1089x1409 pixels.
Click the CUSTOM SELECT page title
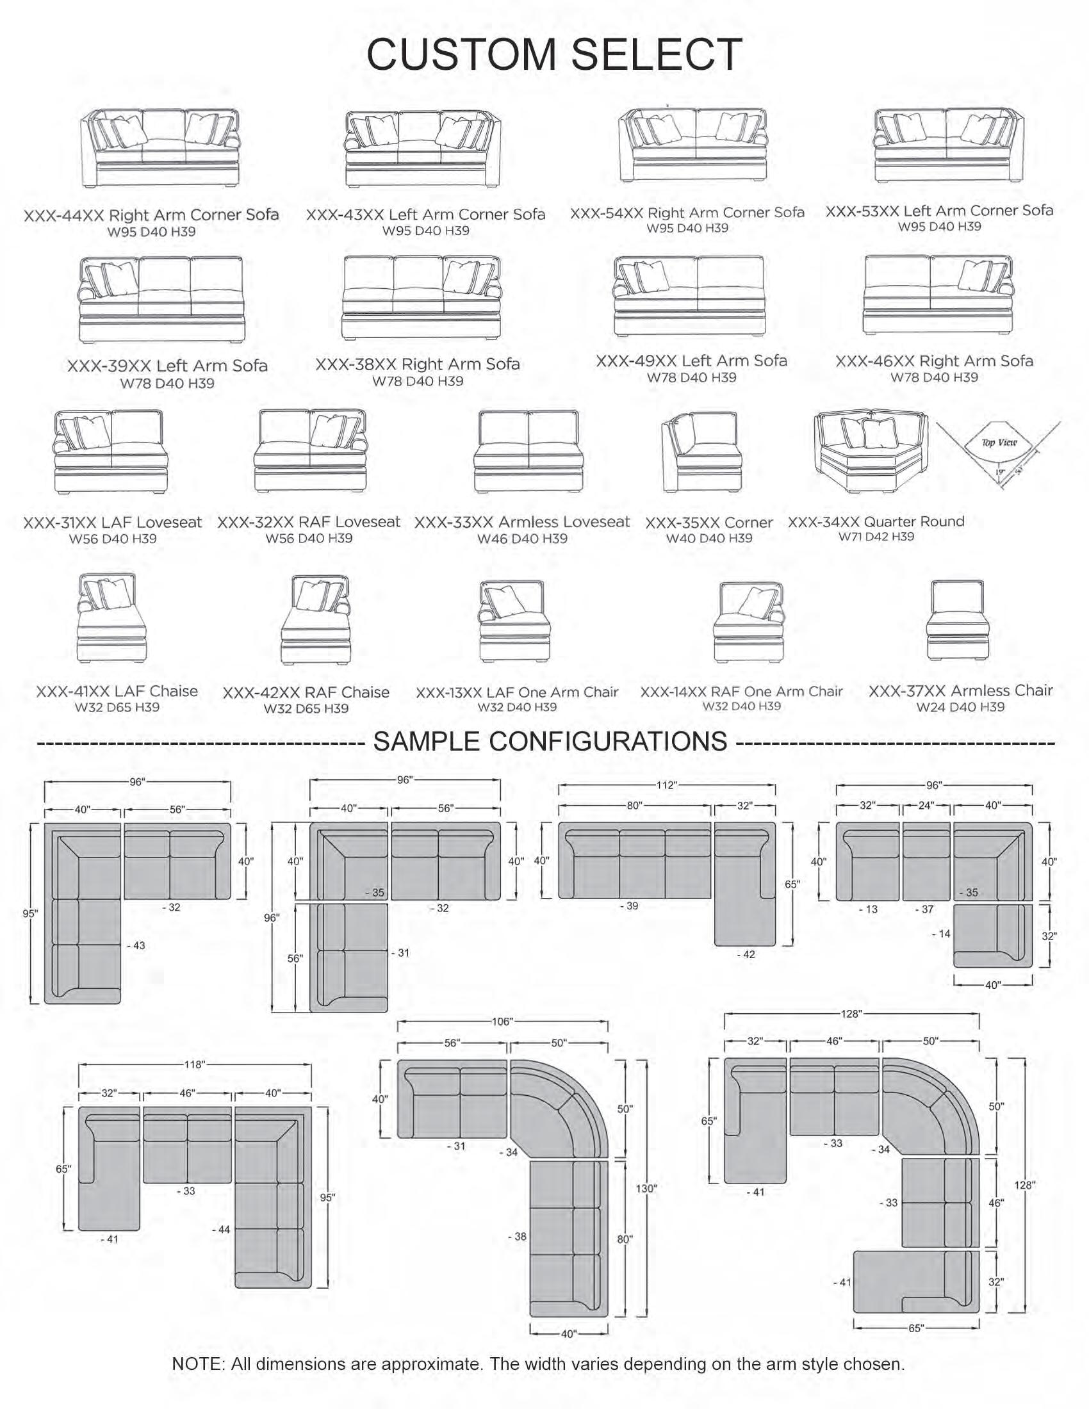tap(553, 54)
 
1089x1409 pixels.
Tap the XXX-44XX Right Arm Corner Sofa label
tap(151, 215)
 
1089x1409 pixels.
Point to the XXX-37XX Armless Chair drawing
tap(957, 620)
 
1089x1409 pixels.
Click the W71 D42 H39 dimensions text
tap(876, 536)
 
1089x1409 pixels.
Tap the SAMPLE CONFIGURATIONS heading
tap(550, 741)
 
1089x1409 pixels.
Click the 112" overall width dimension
tap(666, 785)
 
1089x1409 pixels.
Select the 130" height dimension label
tap(646, 1188)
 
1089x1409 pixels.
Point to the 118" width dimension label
tap(193, 1064)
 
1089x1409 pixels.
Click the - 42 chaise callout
tap(746, 954)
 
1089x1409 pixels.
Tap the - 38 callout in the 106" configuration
tap(517, 1237)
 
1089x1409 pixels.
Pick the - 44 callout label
tap(220, 1230)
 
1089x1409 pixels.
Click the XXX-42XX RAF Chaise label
tap(306, 692)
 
